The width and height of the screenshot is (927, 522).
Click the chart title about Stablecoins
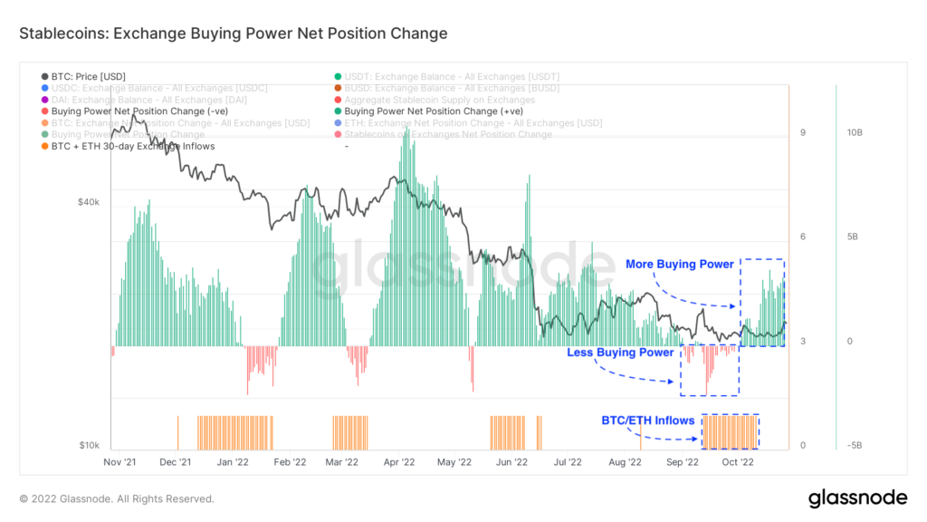point(233,34)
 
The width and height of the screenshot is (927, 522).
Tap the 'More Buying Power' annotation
point(679,265)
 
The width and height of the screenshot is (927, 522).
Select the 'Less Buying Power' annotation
point(620,353)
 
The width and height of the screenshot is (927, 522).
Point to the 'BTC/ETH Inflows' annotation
point(648,420)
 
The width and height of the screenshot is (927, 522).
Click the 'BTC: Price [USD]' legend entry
point(90,77)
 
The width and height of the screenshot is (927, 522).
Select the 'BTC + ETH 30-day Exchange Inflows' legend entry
point(128,146)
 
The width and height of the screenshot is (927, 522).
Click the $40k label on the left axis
point(89,202)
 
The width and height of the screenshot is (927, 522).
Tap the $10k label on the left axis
point(89,445)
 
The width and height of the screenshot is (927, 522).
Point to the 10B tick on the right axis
point(855,132)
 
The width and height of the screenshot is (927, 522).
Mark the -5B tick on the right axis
point(855,445)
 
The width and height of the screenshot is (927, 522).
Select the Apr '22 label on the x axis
point(398,461)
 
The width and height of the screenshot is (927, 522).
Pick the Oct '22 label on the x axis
point(737,461)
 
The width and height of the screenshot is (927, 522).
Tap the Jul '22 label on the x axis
point(568,461)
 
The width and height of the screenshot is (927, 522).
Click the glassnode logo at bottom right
point(856,498)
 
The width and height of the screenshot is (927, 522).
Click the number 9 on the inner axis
point(803,133)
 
